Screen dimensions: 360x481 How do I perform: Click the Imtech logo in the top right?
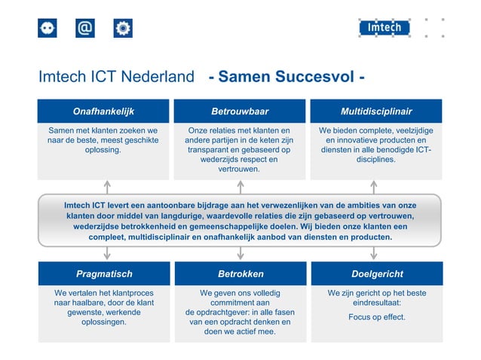pyautogui.click(x=384, y=29)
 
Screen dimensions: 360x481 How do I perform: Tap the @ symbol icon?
pyautogui.click(x=85, y=29)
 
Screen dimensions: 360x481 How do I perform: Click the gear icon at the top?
pyautogui.click(x=123, y=29)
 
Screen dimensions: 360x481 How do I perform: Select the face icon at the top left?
pyautogui.click(x=47, y=29)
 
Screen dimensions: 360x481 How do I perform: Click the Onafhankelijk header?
pyautogui.click(x=103, y=111)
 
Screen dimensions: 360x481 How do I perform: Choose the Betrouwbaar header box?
pyautogui.click(x=240, y=111)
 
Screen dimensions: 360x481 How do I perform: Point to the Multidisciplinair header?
pyautogui.click(x=376, y=111)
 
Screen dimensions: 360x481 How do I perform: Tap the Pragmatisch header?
pyautogui.click(x=103, y=274)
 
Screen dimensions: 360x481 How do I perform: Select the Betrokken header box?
pyautogui.click(x=240, y=274)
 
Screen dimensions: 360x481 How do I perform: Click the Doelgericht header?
pyautogui.click(x=377, y=274)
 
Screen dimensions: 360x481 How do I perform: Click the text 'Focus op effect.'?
pyautogui.click(x=376, y=317)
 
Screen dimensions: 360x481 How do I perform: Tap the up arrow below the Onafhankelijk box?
pyautogui.click(x=107, y=186)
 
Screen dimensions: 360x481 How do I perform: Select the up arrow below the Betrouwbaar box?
pyautogui.click(x=240, y=186)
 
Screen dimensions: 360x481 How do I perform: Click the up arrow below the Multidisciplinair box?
pyautogui.click(x=373, y=186)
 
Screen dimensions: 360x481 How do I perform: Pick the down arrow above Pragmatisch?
pyautogui.click(x=107, y=253)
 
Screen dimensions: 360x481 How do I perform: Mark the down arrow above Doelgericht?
pyautogui.click(x=373, y=253)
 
